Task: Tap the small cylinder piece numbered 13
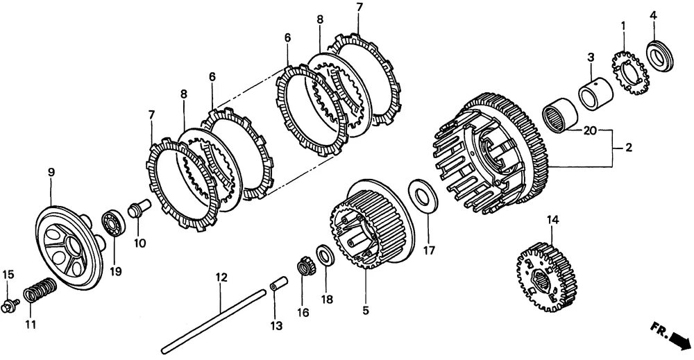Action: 277,286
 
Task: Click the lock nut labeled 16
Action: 303,266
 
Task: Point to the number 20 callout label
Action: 591,130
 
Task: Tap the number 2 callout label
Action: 628,147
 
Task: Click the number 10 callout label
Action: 139,243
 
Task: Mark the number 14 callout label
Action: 552,221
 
